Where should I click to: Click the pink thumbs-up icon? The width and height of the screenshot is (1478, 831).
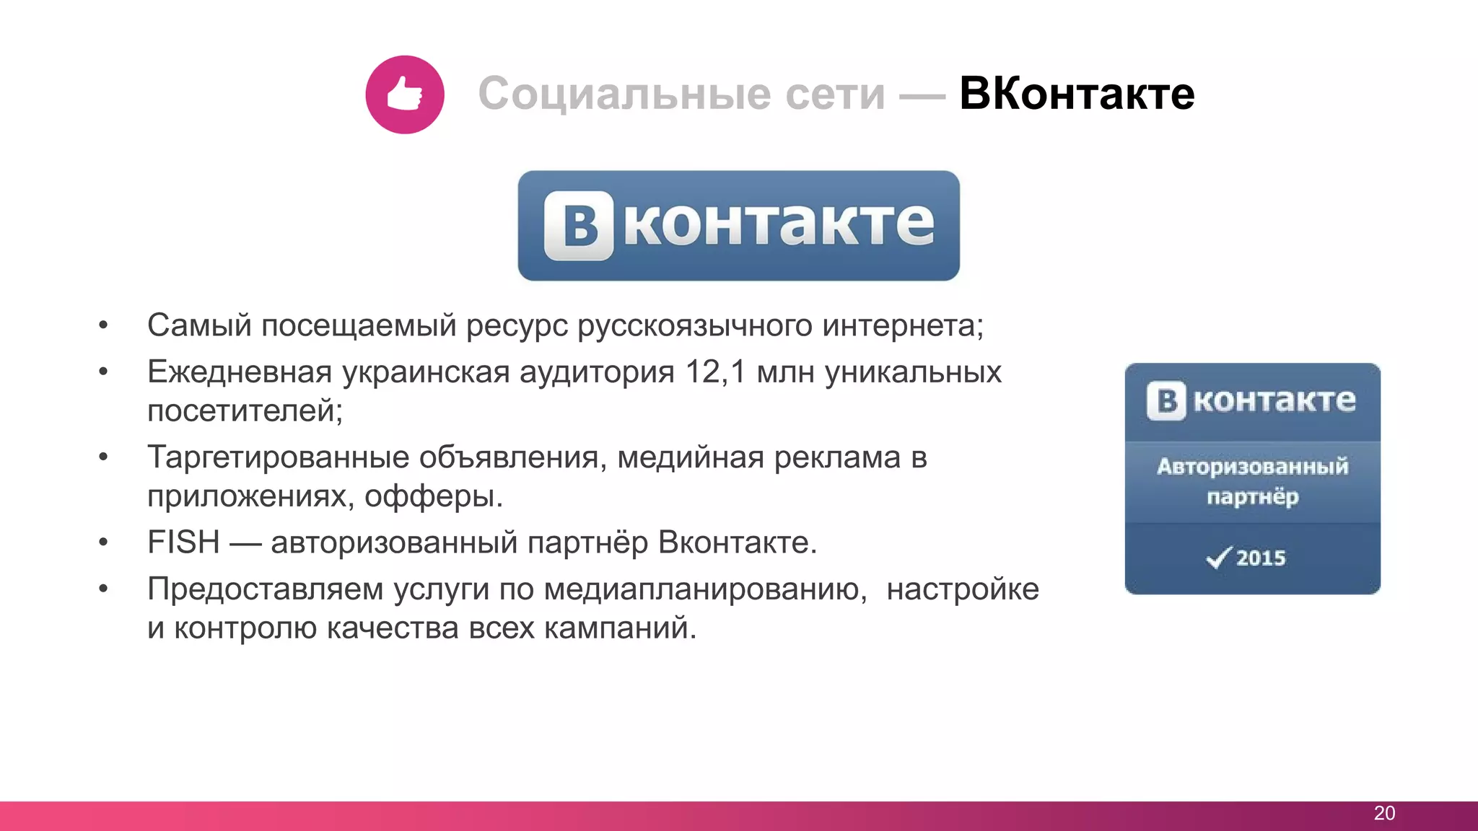click(404, 94)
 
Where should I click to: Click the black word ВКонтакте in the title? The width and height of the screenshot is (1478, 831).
click(1076, 94)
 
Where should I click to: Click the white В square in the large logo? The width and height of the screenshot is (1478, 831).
click(579, 225)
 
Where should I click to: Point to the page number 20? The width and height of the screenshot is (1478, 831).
click(1384, 813)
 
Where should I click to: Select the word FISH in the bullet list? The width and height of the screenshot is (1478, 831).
click(183, 542)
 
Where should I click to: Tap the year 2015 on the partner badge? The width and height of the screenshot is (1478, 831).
click(1261, 558)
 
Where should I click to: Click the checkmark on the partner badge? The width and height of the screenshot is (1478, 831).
click(1218, 557)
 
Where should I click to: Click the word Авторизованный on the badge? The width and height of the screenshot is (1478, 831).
click(1252, 467)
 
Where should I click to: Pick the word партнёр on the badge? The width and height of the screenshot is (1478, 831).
click(1252, 497)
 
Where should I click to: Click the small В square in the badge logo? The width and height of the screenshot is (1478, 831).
click(1166, 400)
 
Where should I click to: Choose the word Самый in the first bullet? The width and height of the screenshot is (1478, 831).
click(200, 326)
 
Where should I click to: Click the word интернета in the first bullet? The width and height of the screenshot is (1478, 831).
click(902, 326)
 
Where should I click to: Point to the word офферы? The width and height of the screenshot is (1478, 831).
click(433, 496)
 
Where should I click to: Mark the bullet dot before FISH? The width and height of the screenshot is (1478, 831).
click(104, 542)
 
